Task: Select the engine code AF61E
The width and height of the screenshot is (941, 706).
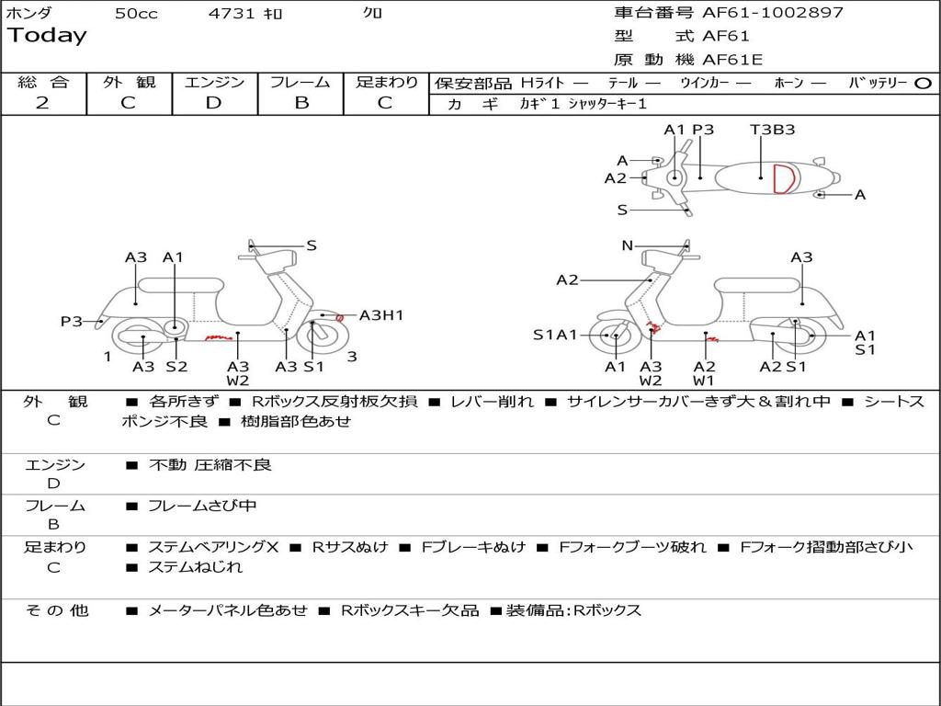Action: [x=732, y=61]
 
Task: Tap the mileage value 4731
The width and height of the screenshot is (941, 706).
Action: [x=230, y=14]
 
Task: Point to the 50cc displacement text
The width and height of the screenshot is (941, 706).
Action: [x=136, y=14]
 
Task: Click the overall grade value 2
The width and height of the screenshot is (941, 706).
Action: [x=42, y=103]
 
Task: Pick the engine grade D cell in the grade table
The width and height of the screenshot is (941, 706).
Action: [x=214, y=103]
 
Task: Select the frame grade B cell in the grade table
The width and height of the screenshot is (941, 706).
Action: [x=300, y=103]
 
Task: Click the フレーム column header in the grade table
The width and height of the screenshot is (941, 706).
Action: [x=300, y=82]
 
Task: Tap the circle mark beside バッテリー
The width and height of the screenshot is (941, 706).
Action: [x=924, y=84]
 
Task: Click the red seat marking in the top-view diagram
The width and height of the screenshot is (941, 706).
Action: [x=783, y=178]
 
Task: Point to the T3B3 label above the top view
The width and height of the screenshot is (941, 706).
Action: [x=772, y=130]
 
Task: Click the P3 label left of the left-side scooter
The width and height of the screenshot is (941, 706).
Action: [x=72, y=321]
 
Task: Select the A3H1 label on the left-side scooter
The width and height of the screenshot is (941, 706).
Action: [x=381, y=315]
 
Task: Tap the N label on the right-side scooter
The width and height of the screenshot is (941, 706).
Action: [x=628, y=245]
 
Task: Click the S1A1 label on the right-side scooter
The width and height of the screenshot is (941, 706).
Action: [x=555, y=335]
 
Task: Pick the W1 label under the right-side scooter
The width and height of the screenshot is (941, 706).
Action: [x=704, y=381]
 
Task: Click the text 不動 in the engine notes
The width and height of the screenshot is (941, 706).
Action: [x=168, y=465]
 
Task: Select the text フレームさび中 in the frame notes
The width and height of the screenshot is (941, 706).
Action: [x=202, y=506]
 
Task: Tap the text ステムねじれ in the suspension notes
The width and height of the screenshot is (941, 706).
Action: [x=195, y=567]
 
